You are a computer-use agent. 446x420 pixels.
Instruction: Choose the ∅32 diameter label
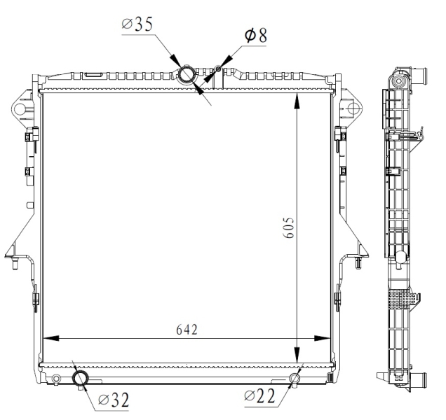click(114, 400)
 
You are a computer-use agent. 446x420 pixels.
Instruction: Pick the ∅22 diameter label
click(260, 397)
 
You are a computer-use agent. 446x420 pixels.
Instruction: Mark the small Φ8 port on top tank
click(219, 69)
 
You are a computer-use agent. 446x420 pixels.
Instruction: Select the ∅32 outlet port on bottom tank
click(81, 379)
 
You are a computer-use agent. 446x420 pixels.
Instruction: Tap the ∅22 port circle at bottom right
click(295, 379)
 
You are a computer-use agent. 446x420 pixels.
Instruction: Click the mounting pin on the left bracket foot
click(15, 264)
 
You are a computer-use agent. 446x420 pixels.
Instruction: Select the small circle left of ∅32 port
click(56, 379)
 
